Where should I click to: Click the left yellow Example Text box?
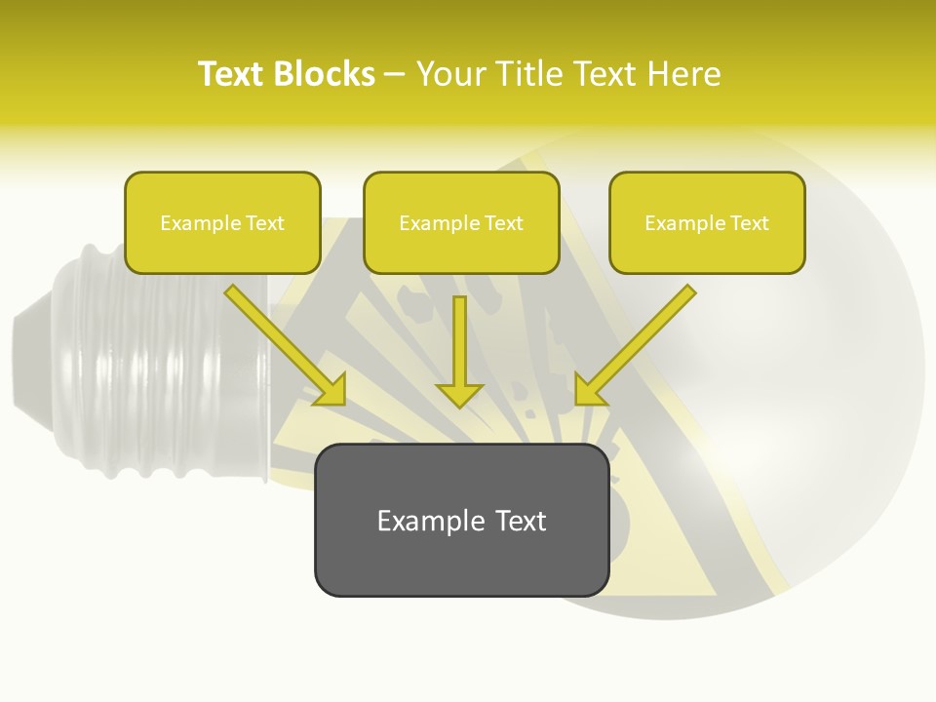pos(222,222)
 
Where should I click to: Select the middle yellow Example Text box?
pos(461,222)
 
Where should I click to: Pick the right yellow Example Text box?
pos(707,222)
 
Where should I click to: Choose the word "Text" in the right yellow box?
pos(750,223)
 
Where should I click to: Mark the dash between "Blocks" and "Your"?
pos(395,75)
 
